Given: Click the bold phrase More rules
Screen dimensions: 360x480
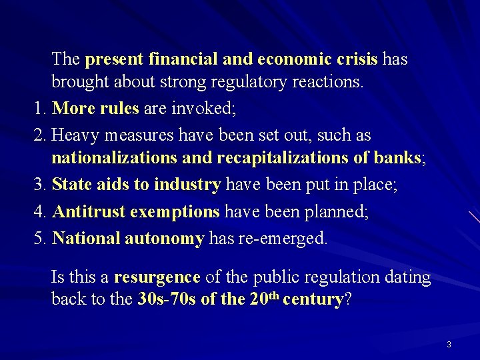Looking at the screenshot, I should point(95,108).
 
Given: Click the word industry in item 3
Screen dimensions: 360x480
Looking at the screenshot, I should point(187,185).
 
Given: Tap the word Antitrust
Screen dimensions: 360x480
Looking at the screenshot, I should point(89,212).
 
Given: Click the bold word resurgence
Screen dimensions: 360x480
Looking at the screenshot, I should point(157,277).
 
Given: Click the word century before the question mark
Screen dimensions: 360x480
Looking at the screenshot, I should point(312,299).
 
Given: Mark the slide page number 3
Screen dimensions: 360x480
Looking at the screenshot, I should point(449,345).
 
